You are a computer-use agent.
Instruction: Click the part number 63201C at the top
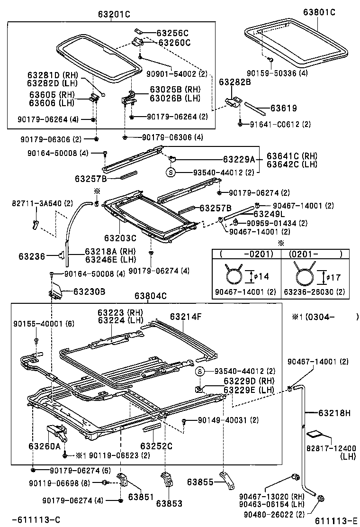[x=114, y=14]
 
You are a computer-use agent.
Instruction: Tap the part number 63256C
[x=172, y=33]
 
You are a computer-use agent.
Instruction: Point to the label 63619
[x=283, y=109]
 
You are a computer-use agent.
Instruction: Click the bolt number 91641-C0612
[x=275, y=124]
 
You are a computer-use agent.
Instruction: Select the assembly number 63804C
[x=150, y=296]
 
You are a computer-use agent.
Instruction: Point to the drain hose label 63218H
[x=334, y=413]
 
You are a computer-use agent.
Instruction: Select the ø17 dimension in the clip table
[x=331, y=276]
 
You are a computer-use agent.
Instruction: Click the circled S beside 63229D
[x=200, y=371]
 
